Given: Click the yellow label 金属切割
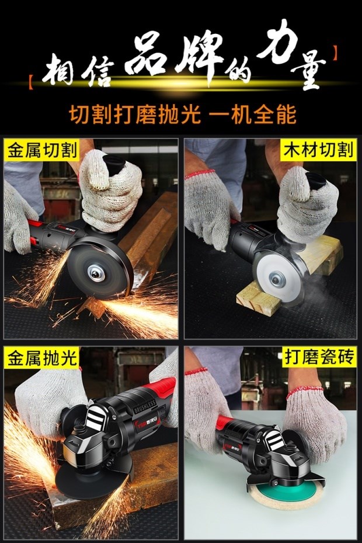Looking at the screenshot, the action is coord(42,151).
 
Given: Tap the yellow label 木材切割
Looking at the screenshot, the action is coord(318,150).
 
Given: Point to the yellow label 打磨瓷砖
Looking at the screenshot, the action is coord(318,357).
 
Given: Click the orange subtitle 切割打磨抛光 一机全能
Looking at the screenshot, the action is coord(183,115).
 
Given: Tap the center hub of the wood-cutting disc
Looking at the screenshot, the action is coord(276,278).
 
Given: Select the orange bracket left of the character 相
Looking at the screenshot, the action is coord(31,79).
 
